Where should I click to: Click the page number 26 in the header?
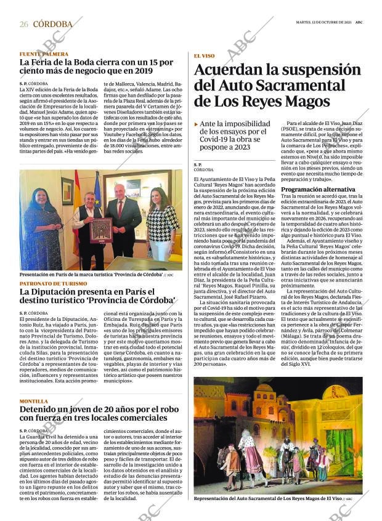point(23,24)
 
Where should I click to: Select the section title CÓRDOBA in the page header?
point(52,24)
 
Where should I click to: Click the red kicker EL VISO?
point(204,55)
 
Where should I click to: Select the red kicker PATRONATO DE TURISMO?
point(53,283)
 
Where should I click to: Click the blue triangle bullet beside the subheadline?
point(197,124)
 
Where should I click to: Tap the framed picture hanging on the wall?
point(67,190)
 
